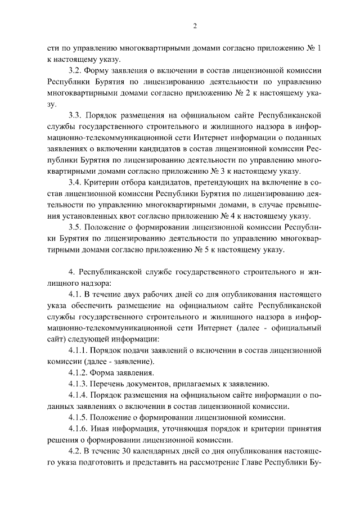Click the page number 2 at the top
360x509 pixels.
(x=195, y=25)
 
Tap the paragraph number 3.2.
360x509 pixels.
(x=75, y=71)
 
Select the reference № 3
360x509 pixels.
(x=215, y=170)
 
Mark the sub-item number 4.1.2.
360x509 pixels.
(x=78, y=372)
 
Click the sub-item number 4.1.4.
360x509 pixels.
(x=78, y=395)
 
